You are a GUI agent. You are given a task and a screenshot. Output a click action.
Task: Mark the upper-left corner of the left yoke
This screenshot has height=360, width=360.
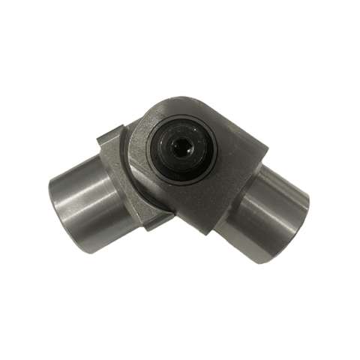tap(101, 135)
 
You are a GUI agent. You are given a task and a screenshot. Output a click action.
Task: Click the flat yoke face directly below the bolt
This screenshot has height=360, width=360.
tap(191, 199)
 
